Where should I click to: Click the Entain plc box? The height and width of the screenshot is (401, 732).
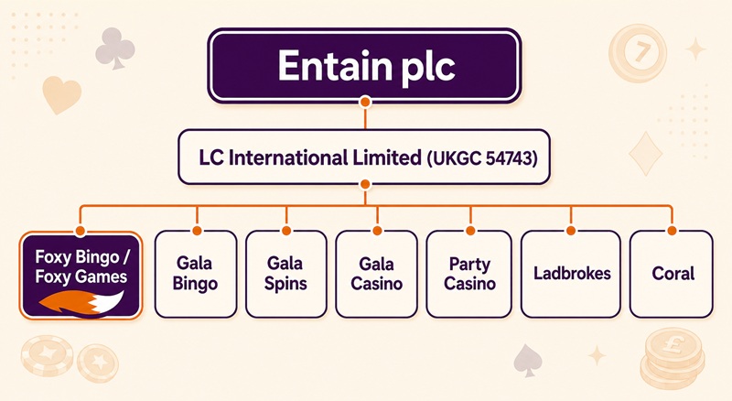364,65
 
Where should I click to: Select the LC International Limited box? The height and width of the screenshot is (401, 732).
364,157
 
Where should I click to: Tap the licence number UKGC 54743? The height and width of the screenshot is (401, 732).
482,158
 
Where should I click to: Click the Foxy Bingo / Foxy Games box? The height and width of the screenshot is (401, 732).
81,276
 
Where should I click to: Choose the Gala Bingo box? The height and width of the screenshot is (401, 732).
196,274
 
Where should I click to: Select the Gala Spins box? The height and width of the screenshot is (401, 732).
286,274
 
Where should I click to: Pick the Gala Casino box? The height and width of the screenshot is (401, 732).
377,274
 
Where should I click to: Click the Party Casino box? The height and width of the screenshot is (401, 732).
469,274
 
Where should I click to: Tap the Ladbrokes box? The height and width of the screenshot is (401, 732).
571,274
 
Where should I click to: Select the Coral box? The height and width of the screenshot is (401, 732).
672,274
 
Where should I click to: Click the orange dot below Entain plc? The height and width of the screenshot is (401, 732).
365,102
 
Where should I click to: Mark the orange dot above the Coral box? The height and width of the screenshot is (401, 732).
672,231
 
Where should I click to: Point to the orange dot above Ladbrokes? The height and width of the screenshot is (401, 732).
570,231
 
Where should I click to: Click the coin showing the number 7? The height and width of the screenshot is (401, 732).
638,52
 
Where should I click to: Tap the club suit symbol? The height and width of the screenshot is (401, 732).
115,49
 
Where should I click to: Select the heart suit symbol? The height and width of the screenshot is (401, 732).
61,94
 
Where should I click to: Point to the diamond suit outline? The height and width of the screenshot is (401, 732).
646,153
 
